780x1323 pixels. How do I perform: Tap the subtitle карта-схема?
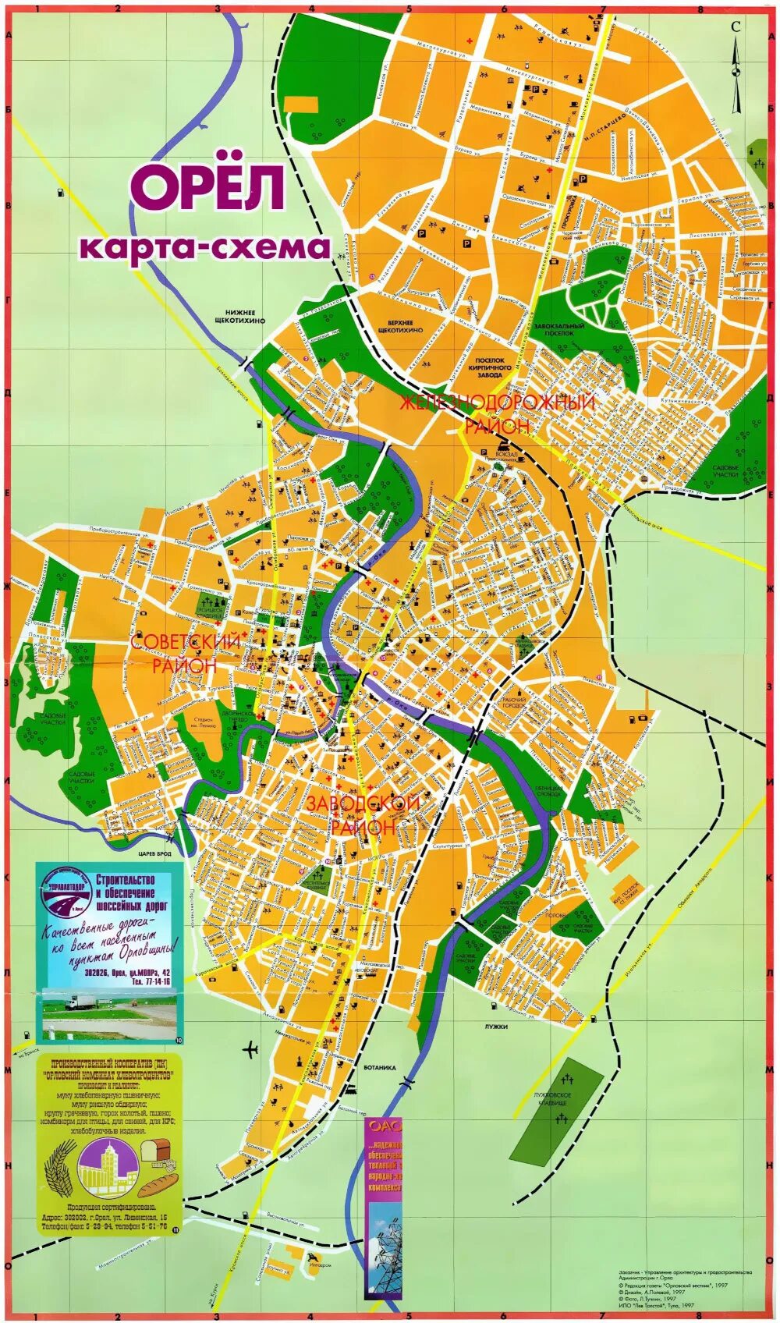pyautogui.click(x=205, y=247)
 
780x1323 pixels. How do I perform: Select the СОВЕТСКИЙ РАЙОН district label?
pyautogui.click(x=186, y=654)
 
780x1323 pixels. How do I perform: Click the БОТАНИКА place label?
pyautogui.click(x=380, y=1068)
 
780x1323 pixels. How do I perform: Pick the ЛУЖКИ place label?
pyautogui.click(x=495, y=1027)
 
